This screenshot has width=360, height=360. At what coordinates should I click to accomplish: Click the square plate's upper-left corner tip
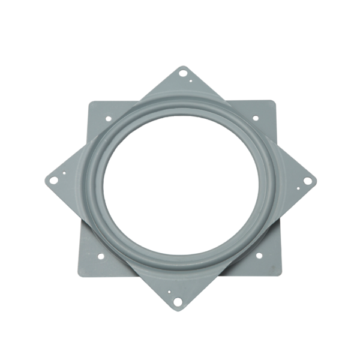(x=89, y=100)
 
